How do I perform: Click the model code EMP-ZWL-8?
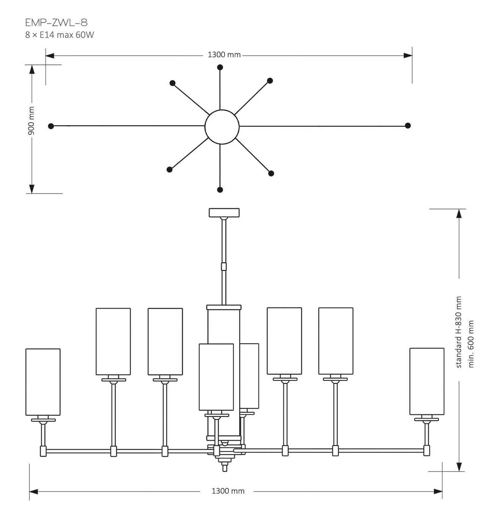pyautogui.click(x=56, y=23)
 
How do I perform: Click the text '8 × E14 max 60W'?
pyautogui.click(x=60, y=35)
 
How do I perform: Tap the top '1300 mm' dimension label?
pyautogui.click(x=224, y=55)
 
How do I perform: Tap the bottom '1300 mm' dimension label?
pyautogui.click(x=228, y=491)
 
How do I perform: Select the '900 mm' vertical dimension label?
pyautogui.click(x=31, y=121)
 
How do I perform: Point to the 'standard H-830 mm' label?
pyautogui.click(x=458, y=332)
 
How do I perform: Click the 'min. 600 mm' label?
pyautogui.click(x=471, y=344)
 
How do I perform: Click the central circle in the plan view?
pyautogui.click(x=222, y=127)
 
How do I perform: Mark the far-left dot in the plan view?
pyautogui.click(x=51, y=126)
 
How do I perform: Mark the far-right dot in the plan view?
pyautogui.click(x=408, y=126)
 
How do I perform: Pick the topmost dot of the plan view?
pyautogui.click(x=220, y=68)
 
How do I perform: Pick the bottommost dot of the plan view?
pyautogui.click(x=220, y=190)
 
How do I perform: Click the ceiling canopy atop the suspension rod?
pyautogui.click(x=224, y=212)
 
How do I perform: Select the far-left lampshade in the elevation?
pyautogui.click(x=43, y=382)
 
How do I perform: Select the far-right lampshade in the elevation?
pyautogui.click(x=427, y=381)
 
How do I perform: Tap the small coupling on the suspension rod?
pyautogui.click(x=224, y=266)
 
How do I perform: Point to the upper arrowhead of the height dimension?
pyautogui.click(x=459, y=213)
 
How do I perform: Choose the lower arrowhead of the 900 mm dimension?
pyautogui.click(x=32, y=189)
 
